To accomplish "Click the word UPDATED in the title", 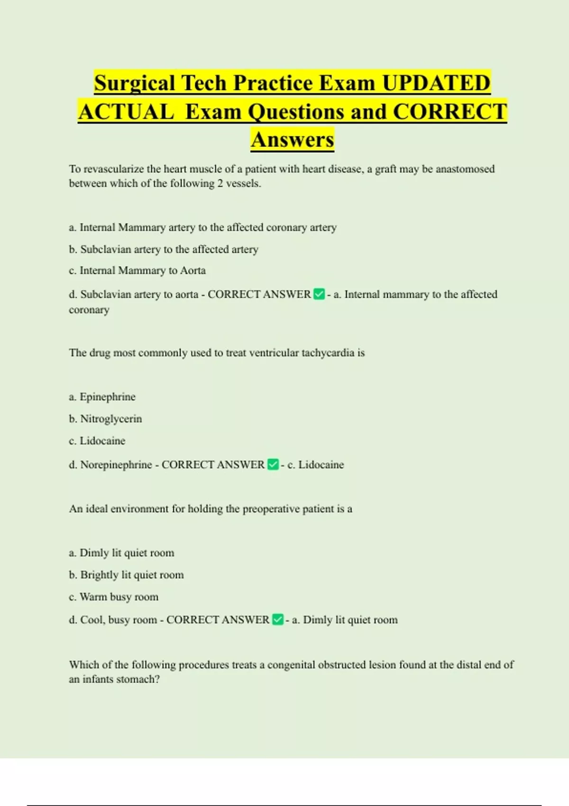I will pos(436,83).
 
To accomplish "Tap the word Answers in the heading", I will pos(293,139).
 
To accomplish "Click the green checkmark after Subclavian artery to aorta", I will pos(319,294).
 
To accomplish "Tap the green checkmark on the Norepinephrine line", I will pos(273,465).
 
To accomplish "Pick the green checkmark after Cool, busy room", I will pos(278,620).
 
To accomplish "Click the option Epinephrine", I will pos(107,397).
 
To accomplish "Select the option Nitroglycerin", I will pos(111,419).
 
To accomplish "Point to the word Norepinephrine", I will pos(116,465).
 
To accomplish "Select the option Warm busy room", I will pos(119,597).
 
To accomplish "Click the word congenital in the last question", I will pos(291,665).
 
